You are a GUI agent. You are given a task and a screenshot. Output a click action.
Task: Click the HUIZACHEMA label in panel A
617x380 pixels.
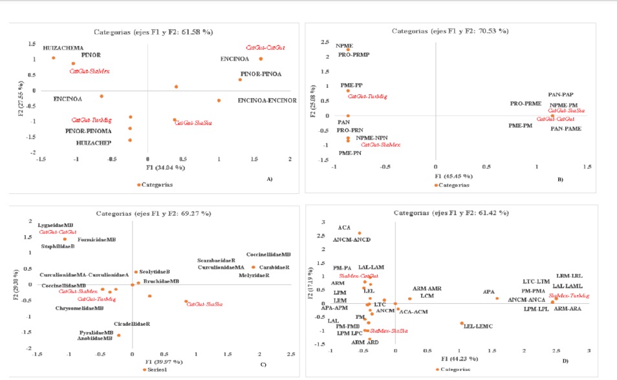[63, 48]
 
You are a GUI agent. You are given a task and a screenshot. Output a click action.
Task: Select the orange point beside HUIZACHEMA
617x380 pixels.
[54, 58]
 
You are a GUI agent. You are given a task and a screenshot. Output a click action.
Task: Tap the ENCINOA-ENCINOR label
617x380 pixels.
[266, 101]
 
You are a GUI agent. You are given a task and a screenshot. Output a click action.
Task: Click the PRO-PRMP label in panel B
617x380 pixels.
[353, 55]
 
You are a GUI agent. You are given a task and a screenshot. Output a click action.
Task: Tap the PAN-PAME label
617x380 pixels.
[565, 129]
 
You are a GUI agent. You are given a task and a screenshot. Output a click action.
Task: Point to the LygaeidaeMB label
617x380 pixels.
[56, 225]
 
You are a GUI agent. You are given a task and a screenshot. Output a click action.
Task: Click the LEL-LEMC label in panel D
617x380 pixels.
[478, 326]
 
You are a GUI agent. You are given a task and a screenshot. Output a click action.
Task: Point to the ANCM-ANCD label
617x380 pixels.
[352, 240]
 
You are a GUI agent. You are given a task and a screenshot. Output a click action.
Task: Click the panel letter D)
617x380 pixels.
[565, 361]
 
